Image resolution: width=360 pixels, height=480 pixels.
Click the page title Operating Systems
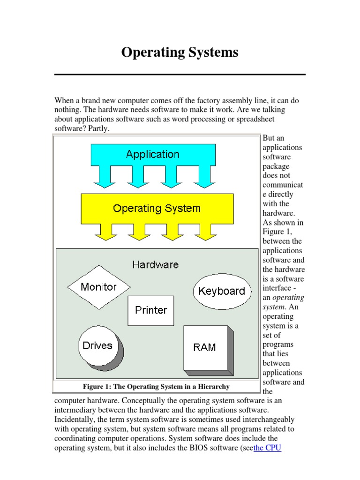[180, 52]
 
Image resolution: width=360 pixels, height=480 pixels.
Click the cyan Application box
[153, 154]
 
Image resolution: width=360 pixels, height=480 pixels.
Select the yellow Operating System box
[157, 208]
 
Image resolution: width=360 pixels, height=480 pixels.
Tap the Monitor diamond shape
[98, 287]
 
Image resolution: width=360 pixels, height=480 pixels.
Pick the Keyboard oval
[222, 291]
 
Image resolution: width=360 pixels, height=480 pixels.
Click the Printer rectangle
[151, 310]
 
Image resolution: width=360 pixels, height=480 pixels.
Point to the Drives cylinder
[97, 346]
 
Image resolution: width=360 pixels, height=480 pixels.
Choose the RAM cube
[205, 347]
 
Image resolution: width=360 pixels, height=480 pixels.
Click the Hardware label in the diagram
[155, 265]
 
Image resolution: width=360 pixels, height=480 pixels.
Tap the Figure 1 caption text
[156, 387]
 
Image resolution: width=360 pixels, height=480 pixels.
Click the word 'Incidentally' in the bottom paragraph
[74, 420]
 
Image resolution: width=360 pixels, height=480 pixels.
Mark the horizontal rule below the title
[180, 75]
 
